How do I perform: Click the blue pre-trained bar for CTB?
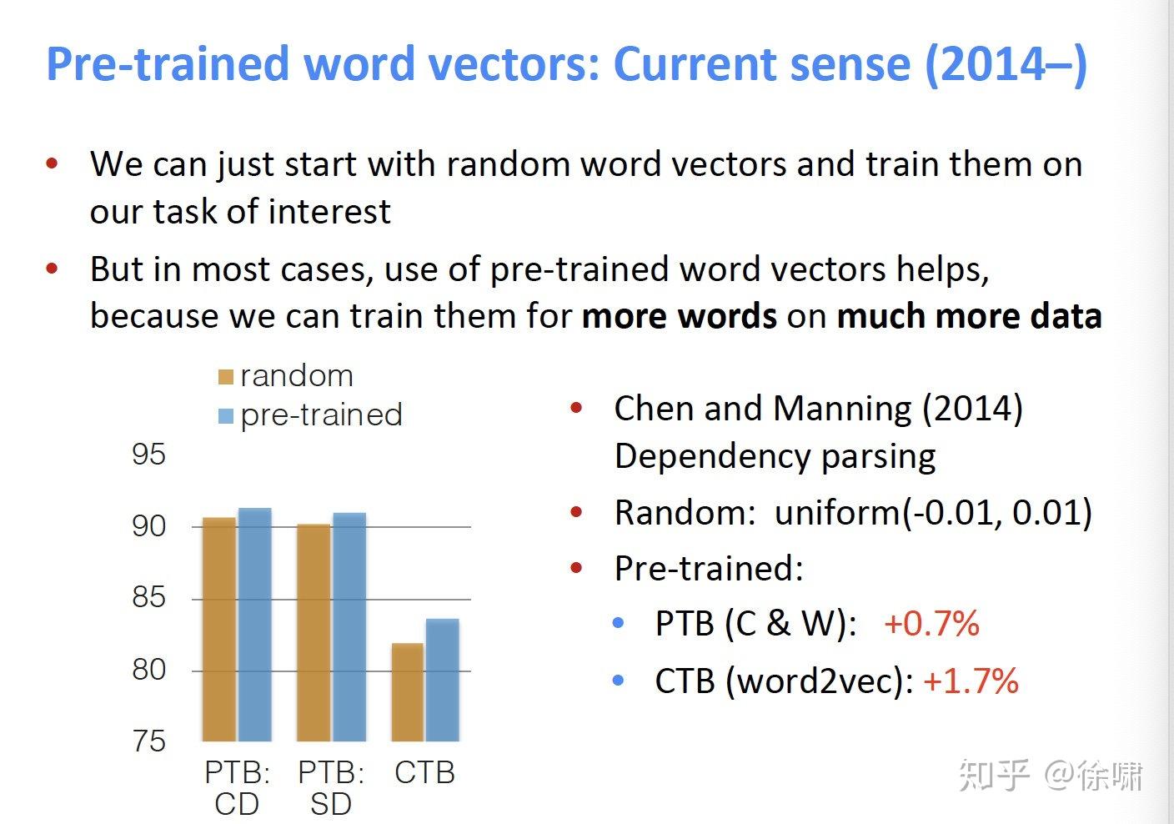coord(442,680)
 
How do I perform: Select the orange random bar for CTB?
coord(407,692)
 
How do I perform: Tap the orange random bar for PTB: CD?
coord(219,630)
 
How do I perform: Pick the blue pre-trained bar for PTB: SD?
coord(349,627)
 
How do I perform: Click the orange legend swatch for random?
coord(225,377)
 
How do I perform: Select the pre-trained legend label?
coord(321,415)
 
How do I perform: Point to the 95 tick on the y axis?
coord(149,455)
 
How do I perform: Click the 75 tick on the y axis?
coord(149,741)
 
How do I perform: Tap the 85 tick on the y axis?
coord(149,597)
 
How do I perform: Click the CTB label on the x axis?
coord(424,772)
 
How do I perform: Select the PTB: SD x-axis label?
coord(331,788)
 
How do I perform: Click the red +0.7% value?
coord(931,624)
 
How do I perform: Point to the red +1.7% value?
coord(971,681)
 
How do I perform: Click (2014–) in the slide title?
coord(1006,64)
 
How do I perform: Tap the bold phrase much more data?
coord(969,317)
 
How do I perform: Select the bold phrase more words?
coord(679,317)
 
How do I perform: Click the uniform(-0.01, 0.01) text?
coord(933,512)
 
